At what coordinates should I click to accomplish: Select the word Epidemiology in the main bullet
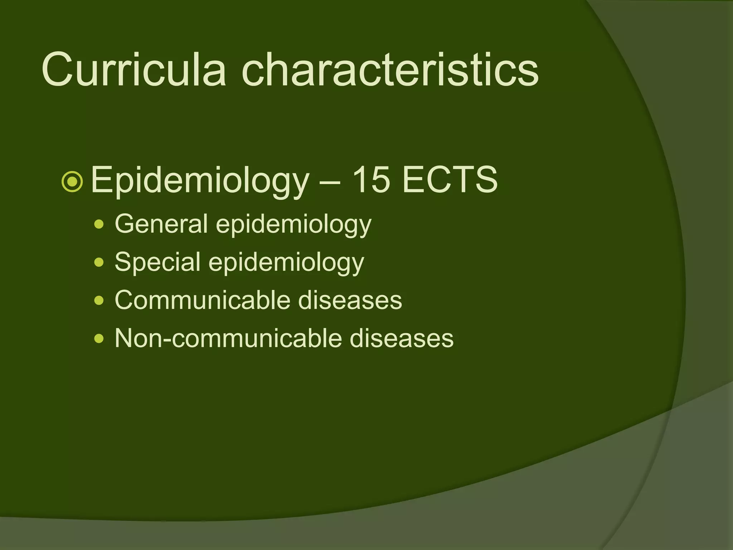tap(199, 180)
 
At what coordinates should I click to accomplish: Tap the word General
tap(161, 224)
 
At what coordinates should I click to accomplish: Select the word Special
tap(157, 262)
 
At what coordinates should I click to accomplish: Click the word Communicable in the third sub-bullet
tap(202, 300)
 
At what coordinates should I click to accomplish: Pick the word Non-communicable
tap(228, 338)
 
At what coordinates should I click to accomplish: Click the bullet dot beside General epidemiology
tap(99, 225)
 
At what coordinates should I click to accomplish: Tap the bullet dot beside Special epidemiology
tap(99, 263)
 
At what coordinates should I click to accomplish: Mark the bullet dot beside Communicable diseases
tap(99, 301)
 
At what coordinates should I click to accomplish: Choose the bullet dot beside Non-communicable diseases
tap(99, 339)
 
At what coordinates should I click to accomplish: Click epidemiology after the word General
tap(293, 225)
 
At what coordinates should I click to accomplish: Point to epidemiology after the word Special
tap(286, 263)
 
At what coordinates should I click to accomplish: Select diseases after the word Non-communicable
tap(401, 338)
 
